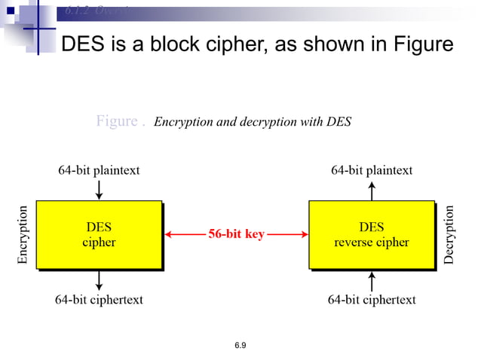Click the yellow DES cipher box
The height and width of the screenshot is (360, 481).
[x=99, y=234]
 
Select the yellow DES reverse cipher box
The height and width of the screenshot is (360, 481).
[x=371, y=234]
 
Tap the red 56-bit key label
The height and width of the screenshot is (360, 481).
[x=236, y=234]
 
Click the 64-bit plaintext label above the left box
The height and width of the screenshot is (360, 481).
[x=99, y=170]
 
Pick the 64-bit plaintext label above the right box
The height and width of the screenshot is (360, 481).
[x=372, y=170]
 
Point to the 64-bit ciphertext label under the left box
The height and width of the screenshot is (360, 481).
[x=99, y=300]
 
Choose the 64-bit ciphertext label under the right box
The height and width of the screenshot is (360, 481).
[x=372, y=300]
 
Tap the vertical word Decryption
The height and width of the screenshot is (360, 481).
[x=449, y=234]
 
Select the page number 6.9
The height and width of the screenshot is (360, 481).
[x=240, y=345]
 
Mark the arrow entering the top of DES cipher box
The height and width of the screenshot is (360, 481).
[x=99, y=190]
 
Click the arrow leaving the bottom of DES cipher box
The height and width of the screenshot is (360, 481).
[x=99, y=280]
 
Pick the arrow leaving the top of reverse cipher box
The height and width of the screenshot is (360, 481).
[x=372, y=190]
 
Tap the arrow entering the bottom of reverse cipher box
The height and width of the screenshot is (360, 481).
[x=372, y=280]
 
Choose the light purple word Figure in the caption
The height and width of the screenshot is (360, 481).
[x=117, y=121]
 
